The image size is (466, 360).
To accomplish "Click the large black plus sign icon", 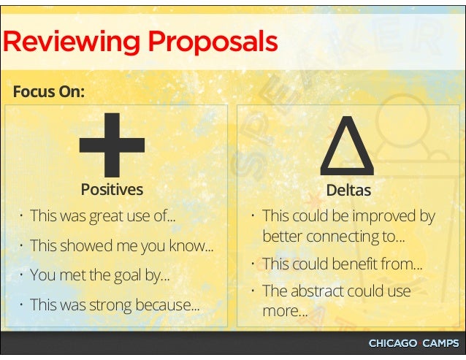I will coord(112,146).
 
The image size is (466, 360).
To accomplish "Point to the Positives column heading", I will coord(112,190).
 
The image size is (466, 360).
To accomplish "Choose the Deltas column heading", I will coord(348,191).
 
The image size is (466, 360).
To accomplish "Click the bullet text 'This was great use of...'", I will coord(104,216).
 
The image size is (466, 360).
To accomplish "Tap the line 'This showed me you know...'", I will coord(122,246).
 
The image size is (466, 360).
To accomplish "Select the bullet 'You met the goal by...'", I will coord(100,275).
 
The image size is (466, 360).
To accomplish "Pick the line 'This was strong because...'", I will coord(115,305).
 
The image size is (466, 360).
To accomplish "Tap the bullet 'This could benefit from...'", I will coord(342,264).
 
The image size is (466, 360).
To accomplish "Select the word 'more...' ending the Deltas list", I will coord(285,311).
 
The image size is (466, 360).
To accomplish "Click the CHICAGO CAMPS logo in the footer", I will coord(413,343).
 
